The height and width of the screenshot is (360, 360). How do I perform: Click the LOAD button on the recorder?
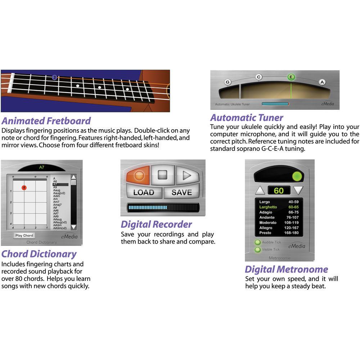(143, 192)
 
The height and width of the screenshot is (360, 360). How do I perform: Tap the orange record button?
(138, 175)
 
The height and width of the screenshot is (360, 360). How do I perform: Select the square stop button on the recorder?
(163, 175)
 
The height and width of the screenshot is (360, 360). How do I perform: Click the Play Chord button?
(24, 235)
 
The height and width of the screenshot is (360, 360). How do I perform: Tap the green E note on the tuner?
(291, 77)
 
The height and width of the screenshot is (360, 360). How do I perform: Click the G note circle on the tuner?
(227, 82)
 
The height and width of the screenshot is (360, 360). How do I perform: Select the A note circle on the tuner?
(322, 82)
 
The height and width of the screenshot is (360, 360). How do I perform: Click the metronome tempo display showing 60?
(279, 190)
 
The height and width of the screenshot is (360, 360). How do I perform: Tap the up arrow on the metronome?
(260, 190)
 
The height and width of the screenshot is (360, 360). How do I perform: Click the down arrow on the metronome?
(298, 190)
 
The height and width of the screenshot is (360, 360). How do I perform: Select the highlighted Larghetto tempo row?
(279, 207)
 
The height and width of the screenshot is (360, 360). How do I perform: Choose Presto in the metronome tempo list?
(279, 233)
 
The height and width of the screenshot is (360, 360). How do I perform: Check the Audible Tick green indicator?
(258, 243)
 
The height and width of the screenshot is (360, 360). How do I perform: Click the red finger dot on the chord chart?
(24, 188)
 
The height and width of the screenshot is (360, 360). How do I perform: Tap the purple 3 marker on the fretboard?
(54, 77)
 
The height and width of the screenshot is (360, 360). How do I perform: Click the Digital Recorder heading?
(156, 225)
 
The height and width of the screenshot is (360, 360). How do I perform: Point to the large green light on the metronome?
(297, 176)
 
